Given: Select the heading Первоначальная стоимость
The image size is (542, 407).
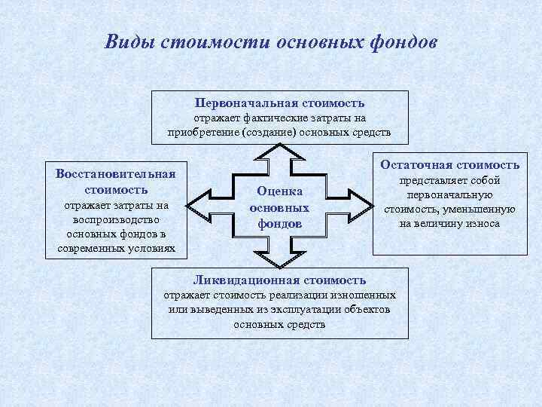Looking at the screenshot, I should [x=279, y=103].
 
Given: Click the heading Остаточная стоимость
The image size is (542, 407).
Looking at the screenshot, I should [x=450, y=164].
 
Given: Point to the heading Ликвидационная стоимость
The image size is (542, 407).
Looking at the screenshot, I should [x=279, y=280].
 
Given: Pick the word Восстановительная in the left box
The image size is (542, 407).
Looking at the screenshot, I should [x=115, y=174].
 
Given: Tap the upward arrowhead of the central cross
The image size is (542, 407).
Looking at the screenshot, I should [x=280, y=150].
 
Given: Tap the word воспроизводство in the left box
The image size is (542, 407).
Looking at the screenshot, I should [x=115, y=219].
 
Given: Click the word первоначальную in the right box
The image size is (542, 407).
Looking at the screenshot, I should [x=450, y=195].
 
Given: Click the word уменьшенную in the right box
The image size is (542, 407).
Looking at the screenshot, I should [x=479, y=210].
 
